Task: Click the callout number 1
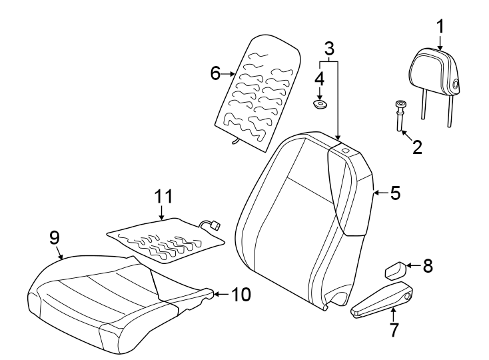point(439,26)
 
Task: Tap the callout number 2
point(418,147)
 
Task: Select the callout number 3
point(329,48)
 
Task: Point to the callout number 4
point(320,78)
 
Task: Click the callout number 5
point(395,193)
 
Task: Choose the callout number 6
point(215,73)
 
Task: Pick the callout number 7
point(394,329)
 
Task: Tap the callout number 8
point(427,266)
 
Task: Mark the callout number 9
point(55,237)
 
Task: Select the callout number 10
point(241,294)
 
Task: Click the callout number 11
point(164,197)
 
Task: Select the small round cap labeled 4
point(320,105)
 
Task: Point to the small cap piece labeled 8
point(395,270)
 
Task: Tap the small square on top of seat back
point(345,151)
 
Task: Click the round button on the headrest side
point(456,83)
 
